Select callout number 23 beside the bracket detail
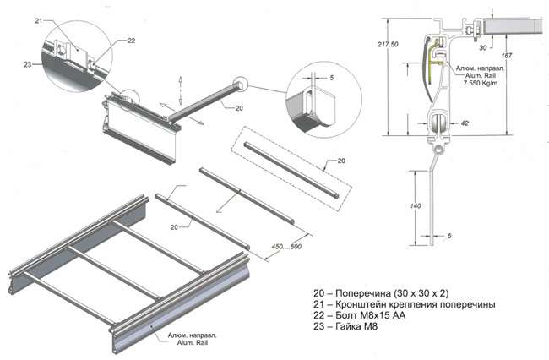[28, 63]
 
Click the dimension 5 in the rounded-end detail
[330, 78]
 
